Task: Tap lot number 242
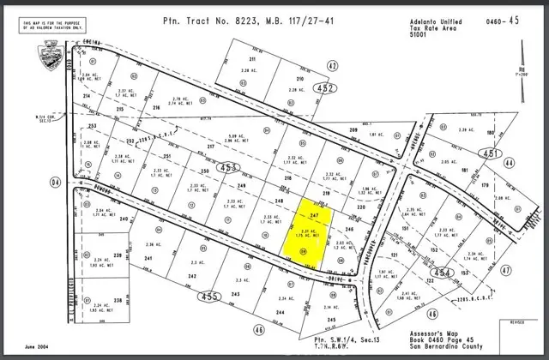click(194, 276)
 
